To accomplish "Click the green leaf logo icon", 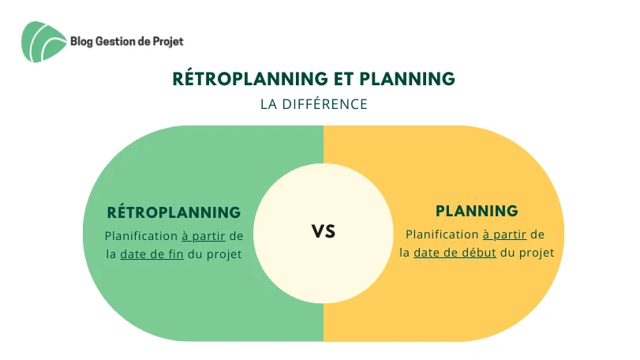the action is (x=43, y=42).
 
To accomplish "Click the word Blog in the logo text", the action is (x=81, y=42).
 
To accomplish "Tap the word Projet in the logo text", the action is (x=168, y=42).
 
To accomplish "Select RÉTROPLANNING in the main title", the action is (x=250, y=78).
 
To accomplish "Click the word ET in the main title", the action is (x=343, y=79).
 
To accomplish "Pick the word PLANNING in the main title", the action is (x=407, y=79).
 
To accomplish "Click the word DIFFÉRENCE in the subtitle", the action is (x=325, y=104).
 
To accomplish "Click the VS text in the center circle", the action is (x=324, y=231).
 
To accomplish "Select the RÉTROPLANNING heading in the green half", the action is (x=174, y=212).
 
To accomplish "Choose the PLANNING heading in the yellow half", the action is (x=477, y=211).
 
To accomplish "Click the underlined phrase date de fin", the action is (x=152, y=254).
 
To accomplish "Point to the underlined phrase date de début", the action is (x=455, y=253).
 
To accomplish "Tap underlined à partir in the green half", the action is (x=204, y=236).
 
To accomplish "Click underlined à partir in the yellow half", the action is (x=504, y=234).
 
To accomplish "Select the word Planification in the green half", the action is (x=141, y=236).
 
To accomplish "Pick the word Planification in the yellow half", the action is (x=442, y=234).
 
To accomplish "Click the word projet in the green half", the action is (x=224, y=255).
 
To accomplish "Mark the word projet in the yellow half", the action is (x=537, y=253).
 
